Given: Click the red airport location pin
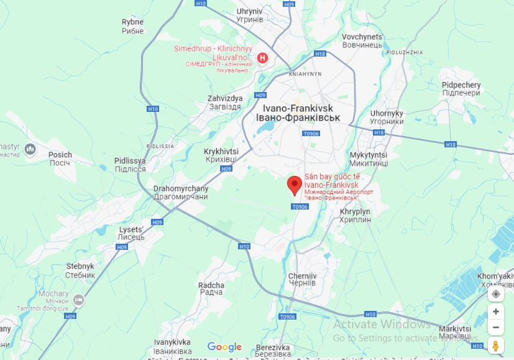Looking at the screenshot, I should coord(295,185).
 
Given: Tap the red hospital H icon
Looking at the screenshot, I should coord(262,58).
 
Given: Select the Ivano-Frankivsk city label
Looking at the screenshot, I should coord(298,113).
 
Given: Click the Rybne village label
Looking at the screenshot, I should coord(132,26).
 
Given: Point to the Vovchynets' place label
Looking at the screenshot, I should coord(362,41).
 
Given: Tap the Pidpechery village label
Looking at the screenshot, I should coord(461,89).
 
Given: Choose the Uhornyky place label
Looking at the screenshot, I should coord(387,118).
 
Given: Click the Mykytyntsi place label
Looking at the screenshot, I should coord(369,159).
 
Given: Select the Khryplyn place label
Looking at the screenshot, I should coord(356,216).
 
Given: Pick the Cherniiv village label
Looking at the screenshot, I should coord(303,279).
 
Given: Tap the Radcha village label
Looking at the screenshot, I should coord(211,288).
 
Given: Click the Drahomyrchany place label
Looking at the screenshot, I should coord(181,192).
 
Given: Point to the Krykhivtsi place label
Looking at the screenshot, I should coord(221,155).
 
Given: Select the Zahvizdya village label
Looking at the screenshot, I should coord(224,103).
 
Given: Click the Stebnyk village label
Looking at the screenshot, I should coord(80,270).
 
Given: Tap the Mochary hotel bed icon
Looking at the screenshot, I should coord(78,300).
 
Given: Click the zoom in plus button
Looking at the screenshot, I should coord(495,312).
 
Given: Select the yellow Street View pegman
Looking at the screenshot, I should coord(495,345).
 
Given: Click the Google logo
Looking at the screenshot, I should coord(224,347).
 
